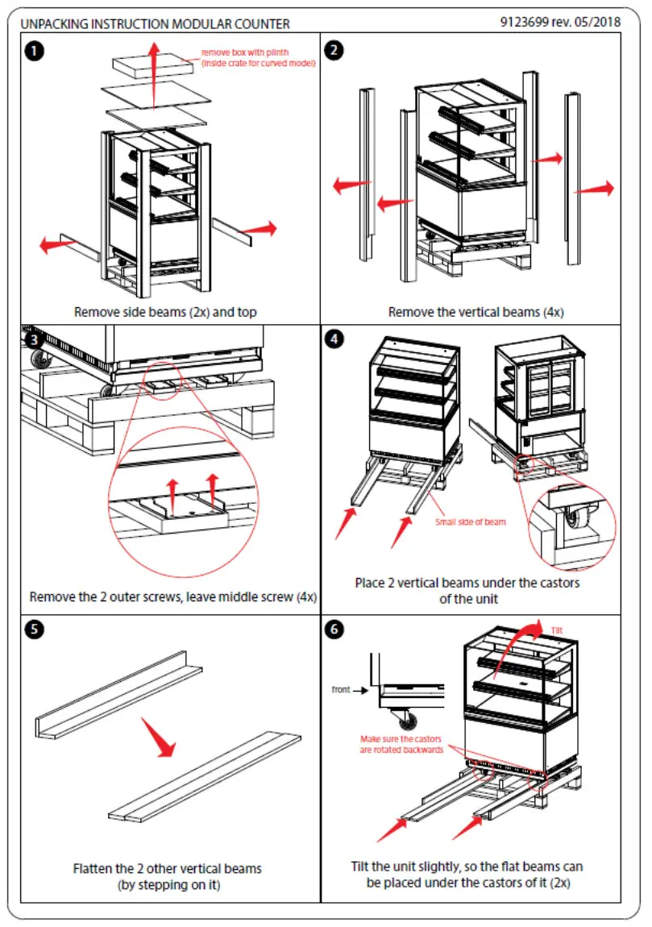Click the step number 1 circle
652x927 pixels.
pos(33,51)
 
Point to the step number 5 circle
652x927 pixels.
pos(33,630)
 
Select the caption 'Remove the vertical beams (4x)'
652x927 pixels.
pos(471,312)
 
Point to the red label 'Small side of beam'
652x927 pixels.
pos(471,522)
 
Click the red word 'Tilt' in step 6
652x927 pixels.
pos(556,630)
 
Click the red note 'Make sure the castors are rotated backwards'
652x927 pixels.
pos(401,744)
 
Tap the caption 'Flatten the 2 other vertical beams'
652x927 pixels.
pos(168,869)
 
